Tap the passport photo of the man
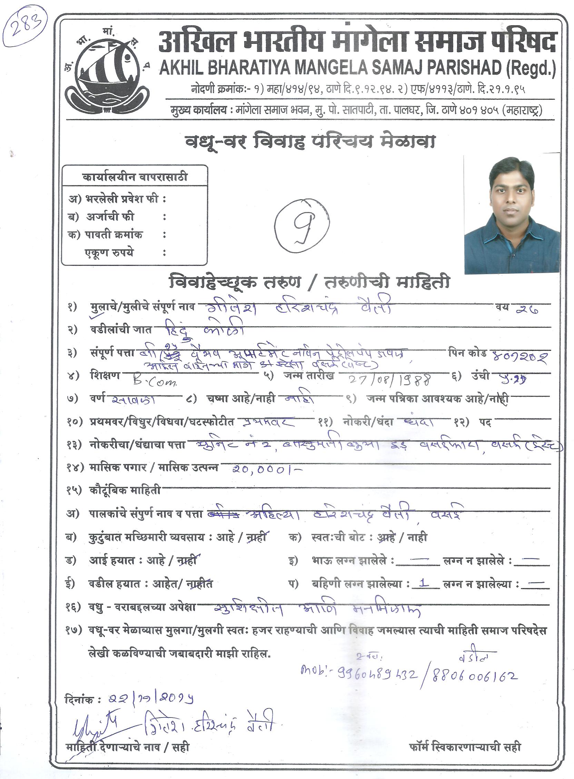pos(512,215)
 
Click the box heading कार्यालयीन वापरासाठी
pos(135,177)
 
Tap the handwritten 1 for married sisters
pos(424,583)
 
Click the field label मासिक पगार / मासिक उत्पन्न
pos(153,468)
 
